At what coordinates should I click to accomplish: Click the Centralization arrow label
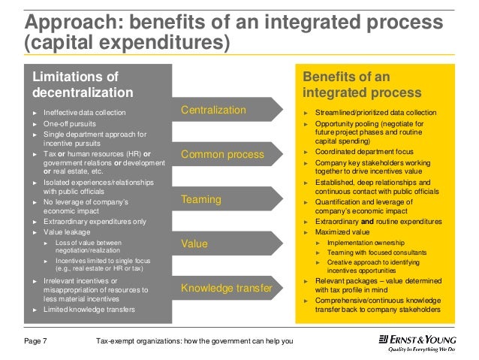pyautogui.click(x=213, y=110)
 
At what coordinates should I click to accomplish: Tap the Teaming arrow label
pyautogui.click(x=200, y=200)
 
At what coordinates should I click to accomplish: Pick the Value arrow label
pyautogui.click(x=194, y=244)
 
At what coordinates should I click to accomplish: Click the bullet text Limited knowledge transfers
pyautogui.click(x=89, y=310)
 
